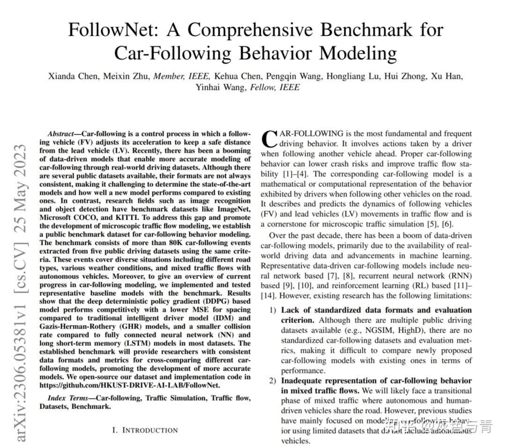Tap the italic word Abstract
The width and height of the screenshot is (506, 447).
[x=62, y=134]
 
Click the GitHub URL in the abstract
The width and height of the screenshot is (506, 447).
[x=129, y=385]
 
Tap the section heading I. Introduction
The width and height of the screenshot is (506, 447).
[x=145, y=430]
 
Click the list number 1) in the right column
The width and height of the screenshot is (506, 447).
[x=273, y=310]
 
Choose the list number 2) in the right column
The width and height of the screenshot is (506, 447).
[x=273, y=380]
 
